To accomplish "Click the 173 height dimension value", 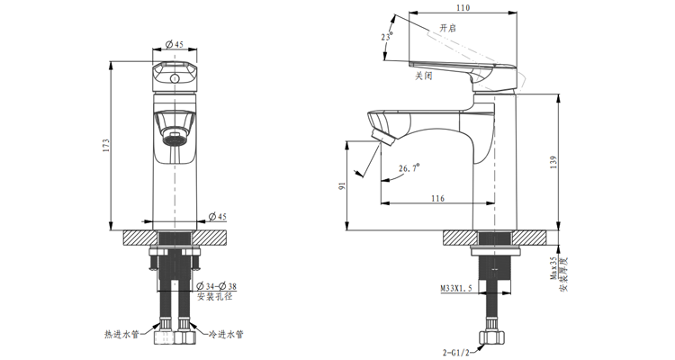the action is tap(106, 145).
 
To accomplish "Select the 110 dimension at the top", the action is tap(463, 8).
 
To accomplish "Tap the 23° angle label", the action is tap(388, 36).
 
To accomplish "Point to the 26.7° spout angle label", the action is tap(409, 167).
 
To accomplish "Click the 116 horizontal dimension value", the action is tap(437, 198).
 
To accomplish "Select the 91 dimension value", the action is tap(342, 186).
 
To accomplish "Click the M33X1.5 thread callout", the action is tap(456, 289).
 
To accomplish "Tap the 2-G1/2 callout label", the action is tap(456, 352).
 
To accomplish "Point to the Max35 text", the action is tap(553, 269).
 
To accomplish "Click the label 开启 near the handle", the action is tap(447, 29).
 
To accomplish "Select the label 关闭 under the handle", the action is tap(423, 76).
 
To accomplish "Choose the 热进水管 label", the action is tap(121, 334).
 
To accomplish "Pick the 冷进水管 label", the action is tap(226, 334).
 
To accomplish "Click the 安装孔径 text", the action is tap(215, 296).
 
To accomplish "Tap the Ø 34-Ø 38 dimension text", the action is tap(216, 286).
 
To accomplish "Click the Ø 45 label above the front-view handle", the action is tap(175, 44).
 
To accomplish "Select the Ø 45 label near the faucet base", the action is tap(218, 217).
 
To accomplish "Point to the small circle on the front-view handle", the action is tap(175, 79).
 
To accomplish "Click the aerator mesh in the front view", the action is tap(175, 139).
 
